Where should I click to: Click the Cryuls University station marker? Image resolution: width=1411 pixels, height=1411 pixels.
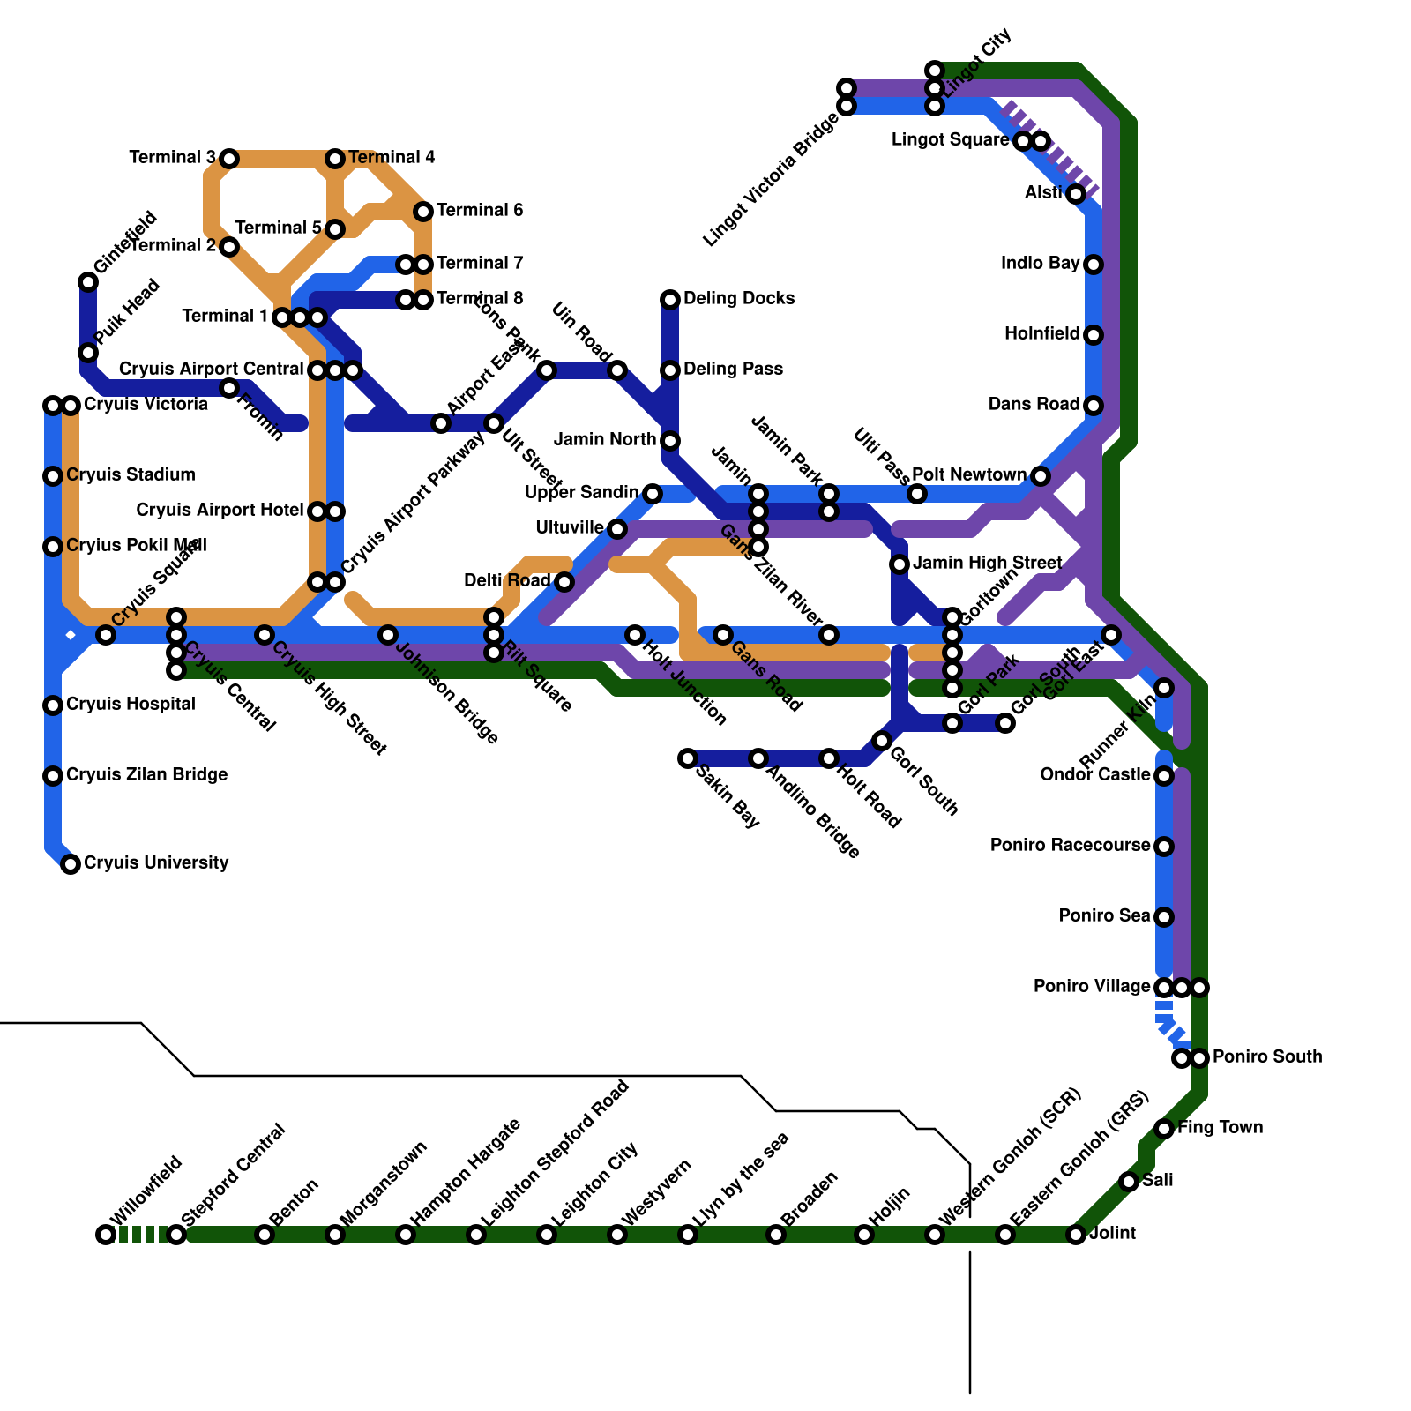pos(71,864)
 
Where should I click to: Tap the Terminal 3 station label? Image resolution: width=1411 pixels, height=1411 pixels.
pos(172,158)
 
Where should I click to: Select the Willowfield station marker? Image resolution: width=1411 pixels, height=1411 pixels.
pos(106,1235)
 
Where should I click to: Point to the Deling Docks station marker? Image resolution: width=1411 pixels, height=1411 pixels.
pos(670,300)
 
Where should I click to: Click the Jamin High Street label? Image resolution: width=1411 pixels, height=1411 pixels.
pos(987,563)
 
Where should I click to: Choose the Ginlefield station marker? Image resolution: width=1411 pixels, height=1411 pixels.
pos(88,282)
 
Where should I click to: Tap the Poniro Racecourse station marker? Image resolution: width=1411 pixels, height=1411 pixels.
pos(1164,847)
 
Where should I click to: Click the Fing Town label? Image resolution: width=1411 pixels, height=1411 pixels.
pos(1220,1127)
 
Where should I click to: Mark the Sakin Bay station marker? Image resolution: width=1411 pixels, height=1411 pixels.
pos(688,758)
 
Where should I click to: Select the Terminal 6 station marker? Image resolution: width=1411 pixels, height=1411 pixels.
pos(423,212)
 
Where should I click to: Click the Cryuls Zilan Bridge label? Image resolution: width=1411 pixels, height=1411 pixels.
pos(146,774)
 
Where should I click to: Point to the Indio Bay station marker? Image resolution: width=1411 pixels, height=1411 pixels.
pos(1094,265)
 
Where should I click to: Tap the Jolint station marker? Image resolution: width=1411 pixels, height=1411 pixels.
pos(1076,1235)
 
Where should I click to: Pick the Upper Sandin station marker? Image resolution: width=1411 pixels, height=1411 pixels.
pos(653,494)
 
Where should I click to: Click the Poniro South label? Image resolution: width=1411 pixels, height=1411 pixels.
pos(1266,1056)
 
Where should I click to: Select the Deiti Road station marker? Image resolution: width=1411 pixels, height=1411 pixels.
pos(564,582)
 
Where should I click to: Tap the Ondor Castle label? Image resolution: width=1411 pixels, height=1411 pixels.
pos(1094,774)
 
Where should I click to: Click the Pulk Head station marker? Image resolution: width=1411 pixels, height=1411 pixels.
pos(88,353)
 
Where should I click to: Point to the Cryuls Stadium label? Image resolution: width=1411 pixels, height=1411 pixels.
pos(131,474)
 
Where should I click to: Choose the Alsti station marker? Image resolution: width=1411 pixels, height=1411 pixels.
pos(1076,194)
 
